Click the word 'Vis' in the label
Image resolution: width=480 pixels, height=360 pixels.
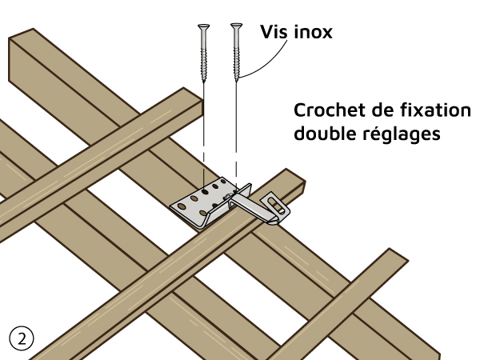274,33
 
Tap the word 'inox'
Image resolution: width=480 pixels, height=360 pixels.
313,33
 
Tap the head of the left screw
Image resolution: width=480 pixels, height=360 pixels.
202,27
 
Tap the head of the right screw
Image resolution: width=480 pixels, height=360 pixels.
236,27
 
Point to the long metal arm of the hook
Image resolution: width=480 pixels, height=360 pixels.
256,205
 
